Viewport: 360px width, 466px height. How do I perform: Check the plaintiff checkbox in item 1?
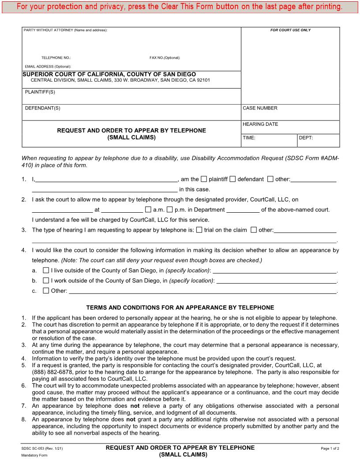tap(204, 179)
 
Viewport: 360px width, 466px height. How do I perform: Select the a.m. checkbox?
tap(148, 210)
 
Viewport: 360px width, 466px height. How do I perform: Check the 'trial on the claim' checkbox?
tap(199, 229)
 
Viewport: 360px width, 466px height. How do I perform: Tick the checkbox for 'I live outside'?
tap(46, 270)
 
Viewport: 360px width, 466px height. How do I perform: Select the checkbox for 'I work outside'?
tap(46, 280)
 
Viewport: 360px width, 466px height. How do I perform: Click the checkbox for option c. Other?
tap(46, 291)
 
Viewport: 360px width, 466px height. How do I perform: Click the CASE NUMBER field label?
tap(260, 108)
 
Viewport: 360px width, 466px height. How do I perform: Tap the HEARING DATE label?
tap(260, 124)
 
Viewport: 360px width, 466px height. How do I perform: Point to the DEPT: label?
tap(306, 138)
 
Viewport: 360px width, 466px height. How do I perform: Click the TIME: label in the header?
tap(249, 138)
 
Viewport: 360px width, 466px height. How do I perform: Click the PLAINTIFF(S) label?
tap(40, 92)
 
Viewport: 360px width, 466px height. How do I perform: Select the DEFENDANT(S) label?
tap(42, 108)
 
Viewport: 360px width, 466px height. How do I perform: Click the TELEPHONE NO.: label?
tap(56, 58)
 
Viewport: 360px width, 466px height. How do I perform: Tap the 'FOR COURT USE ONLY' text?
tap(290, 30)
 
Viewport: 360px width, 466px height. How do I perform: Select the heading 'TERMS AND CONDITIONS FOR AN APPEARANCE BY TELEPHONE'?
tap(180, 308)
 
